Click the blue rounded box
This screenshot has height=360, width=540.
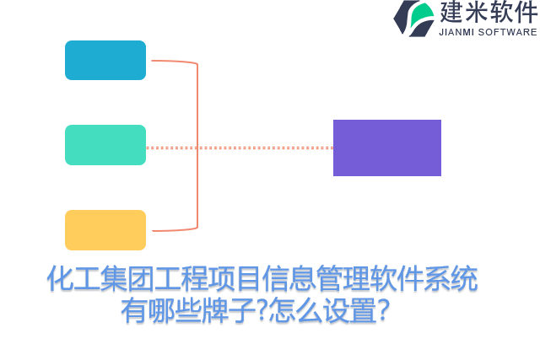(105, 61)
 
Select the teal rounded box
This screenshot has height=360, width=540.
(105, 145)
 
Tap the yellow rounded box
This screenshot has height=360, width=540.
(105, 230)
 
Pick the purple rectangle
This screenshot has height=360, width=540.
(387, 148)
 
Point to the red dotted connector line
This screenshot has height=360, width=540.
(253, 148)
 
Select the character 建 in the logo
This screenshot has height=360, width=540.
(452, 13)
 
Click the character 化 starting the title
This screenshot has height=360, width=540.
(59, 279)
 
